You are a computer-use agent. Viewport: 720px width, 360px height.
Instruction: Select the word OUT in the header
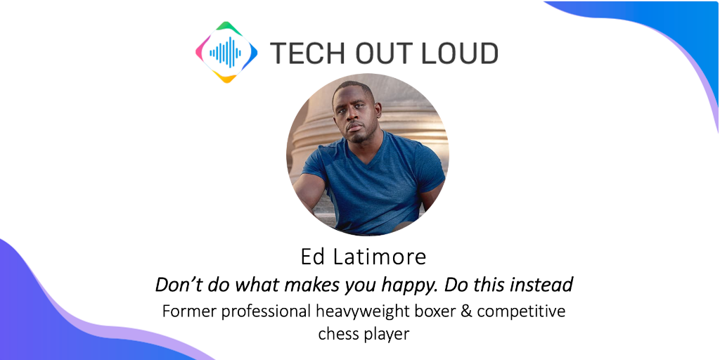tap(380, 53)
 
